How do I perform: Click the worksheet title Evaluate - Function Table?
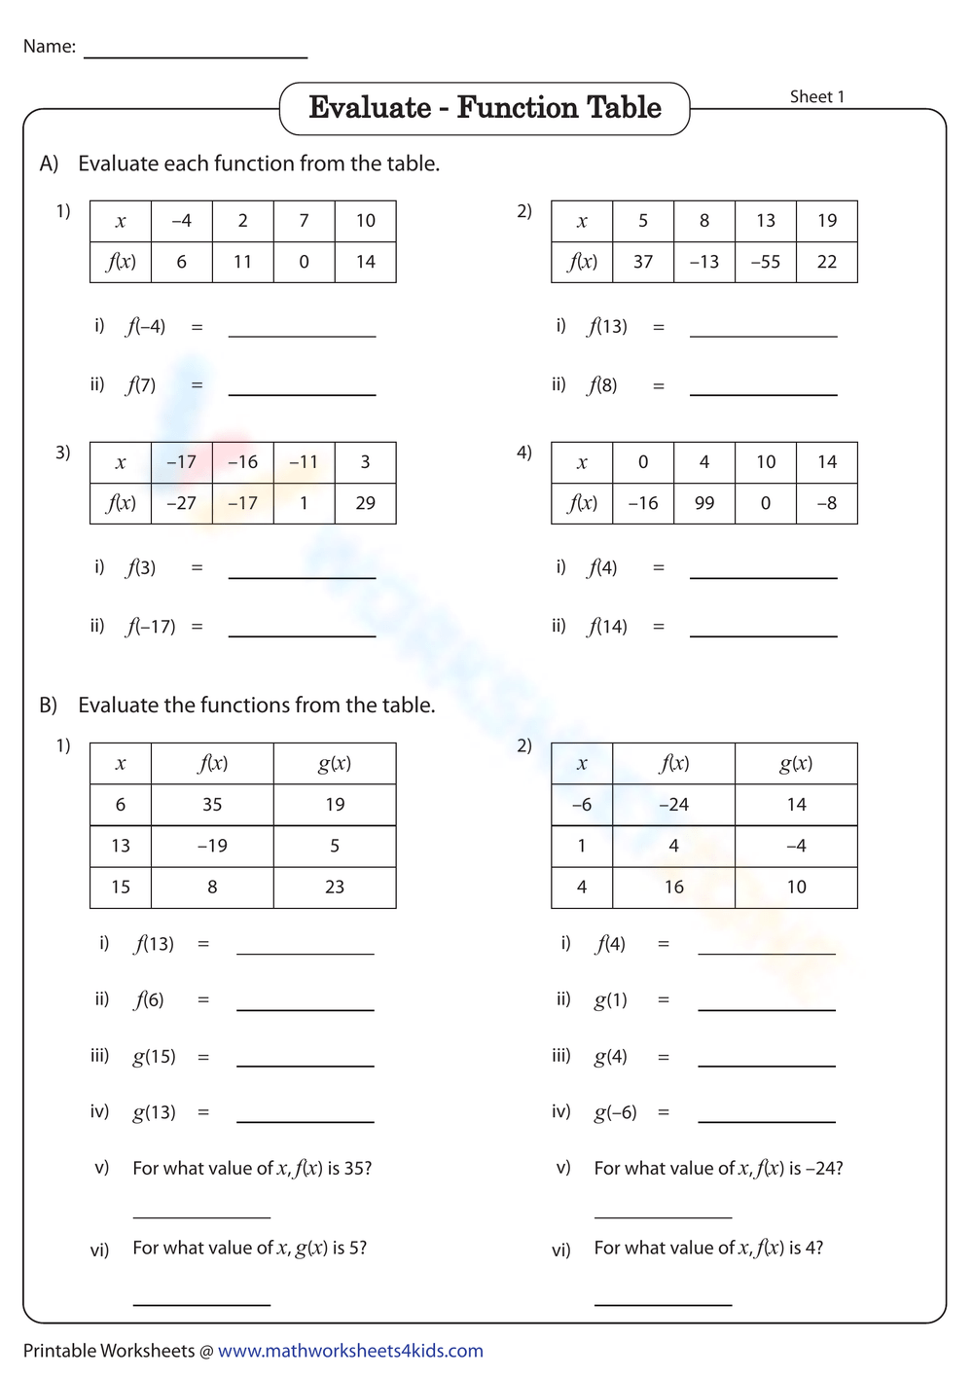[485, 108]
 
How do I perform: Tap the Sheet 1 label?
[816, 96]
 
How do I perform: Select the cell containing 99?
[704, 503]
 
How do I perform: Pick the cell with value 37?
[643, 262]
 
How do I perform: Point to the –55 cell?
[766, 262]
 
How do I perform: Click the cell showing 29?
[365, 503]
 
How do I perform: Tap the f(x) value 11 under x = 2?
[242, 262]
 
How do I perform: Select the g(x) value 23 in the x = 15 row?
[335, 887]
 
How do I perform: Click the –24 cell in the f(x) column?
[673, 805]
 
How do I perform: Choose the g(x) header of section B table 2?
[796, 764]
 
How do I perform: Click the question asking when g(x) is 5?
[250, 1248]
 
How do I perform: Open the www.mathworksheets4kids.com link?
[350, 1351]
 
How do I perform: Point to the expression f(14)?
[607, 627]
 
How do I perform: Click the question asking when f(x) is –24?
[718, 1168]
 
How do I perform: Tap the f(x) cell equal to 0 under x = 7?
[304, 262]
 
